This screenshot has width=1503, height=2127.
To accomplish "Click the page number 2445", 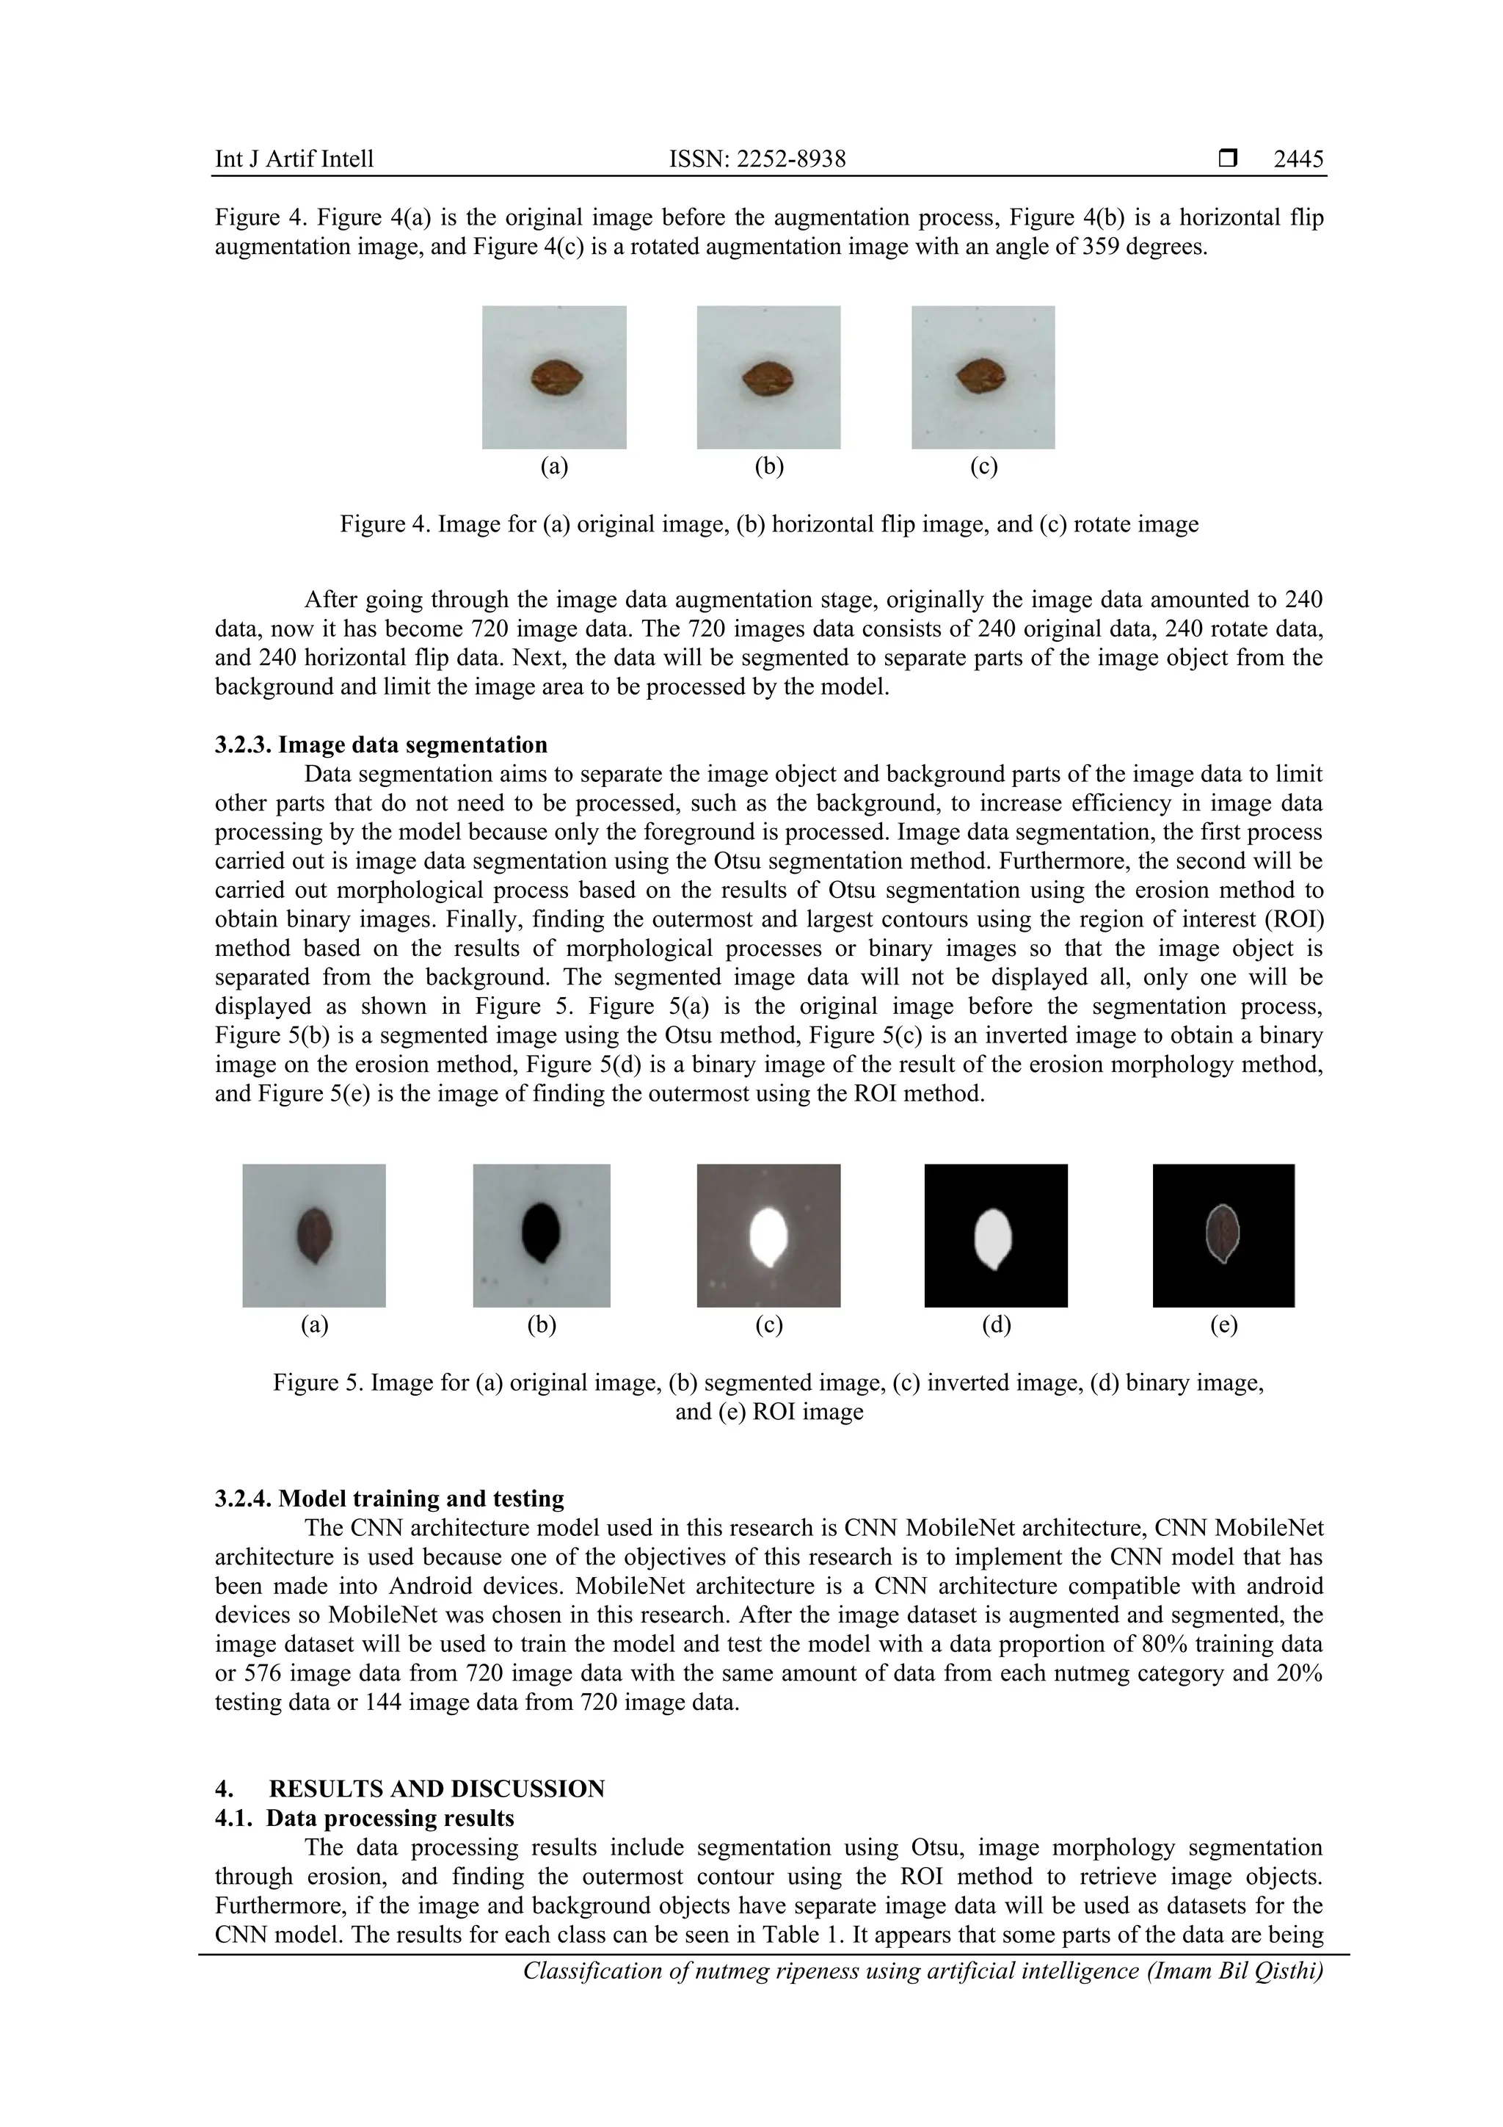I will coord(1298,159).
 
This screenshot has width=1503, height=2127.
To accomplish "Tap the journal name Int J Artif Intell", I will coord(294,159).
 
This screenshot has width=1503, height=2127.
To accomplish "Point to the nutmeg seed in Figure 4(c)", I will coord(980,376).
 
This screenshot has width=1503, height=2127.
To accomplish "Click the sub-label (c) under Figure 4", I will coord(983,466).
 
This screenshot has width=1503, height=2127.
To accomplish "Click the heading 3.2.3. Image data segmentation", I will coord(381,744).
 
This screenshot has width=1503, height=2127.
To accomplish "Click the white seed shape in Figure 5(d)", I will coord(994,1239).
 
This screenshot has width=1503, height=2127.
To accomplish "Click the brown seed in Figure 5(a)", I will coord(314,1235).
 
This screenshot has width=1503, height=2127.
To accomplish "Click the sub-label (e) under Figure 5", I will coord(1223,1325).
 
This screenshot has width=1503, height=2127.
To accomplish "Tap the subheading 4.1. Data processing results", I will coord(364,1818).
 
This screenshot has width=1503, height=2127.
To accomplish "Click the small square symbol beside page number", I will coord(1228,159).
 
